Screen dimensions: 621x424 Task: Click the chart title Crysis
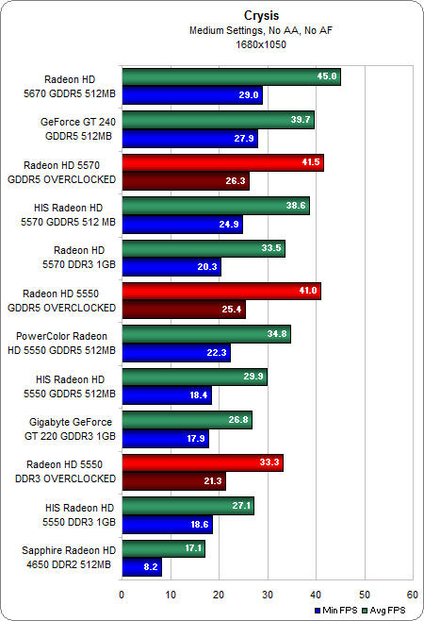[212, 16]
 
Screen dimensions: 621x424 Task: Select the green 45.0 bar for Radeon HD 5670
[231, 77]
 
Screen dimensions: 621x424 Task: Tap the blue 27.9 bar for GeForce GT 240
[188, 139]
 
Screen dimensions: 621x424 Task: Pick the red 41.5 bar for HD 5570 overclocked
[222, 163]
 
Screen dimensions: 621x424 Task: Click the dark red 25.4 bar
[183, 310]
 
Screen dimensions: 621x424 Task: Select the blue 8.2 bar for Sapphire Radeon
[141, 567]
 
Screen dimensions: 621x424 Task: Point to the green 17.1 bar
[163, 548]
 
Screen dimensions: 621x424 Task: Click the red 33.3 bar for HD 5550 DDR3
[202, 462]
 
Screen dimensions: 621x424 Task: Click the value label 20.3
[208, 267]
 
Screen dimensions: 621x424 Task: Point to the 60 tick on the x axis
[412, 595]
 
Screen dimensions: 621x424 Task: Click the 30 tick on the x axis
[267, 595]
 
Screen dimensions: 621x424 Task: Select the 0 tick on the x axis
[122, 595]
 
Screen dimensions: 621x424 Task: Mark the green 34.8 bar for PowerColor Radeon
[205, 334]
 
